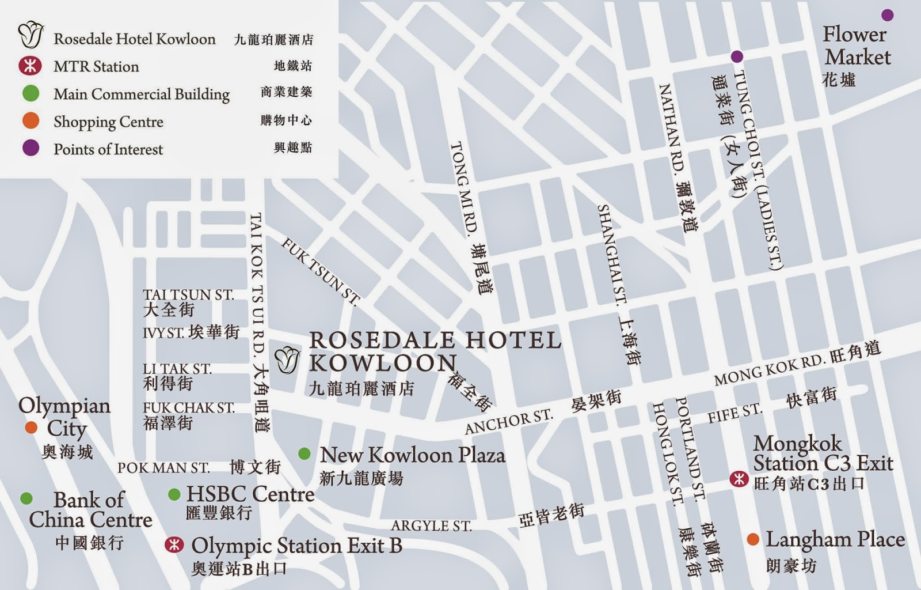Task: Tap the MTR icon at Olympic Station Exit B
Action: (174, 544)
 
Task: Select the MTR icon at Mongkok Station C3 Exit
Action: (739, 479)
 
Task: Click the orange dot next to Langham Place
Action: (752, 539)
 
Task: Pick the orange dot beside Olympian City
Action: (31, 428)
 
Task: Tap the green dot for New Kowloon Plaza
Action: (305, 454)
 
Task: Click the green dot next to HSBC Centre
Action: (174, 494)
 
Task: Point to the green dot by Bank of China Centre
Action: (26, 498)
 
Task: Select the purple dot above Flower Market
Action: (888, 15)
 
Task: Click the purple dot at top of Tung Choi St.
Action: (736, 56)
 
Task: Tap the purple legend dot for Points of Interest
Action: (31, 149)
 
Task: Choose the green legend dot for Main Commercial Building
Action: (31, 93)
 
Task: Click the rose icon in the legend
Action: (31, 36)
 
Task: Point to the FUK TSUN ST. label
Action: (320, 271)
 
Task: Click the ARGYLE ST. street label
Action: (431, 525)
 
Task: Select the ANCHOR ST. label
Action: (508, 422)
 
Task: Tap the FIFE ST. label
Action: (734, 413)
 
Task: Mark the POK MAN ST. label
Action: (163, 467)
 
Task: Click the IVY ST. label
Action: (163, 333)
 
